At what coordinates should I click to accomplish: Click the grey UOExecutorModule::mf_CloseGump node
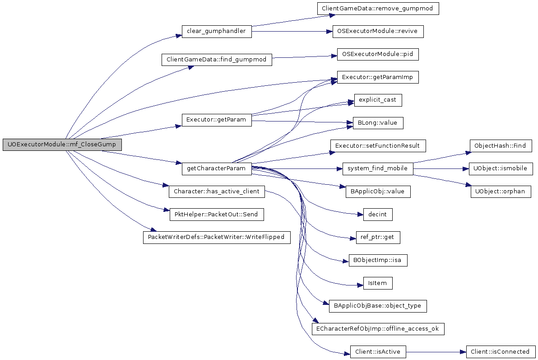click(x=62, y=145)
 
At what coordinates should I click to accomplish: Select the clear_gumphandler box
click(x=217, y=31)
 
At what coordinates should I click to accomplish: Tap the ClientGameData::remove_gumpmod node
click(x=378, y=8)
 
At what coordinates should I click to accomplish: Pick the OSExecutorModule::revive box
click(x=378, y=31)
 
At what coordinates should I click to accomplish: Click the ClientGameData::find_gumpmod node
click(x=217, y=60)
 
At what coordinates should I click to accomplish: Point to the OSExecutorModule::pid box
click(x=378, y=54)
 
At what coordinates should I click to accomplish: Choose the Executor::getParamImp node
click(x=378, y=77)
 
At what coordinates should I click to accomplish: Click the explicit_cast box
click(x=378, y=100)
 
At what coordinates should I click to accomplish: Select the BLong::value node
click(x=378, y=123)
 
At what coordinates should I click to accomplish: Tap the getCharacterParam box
click(x=217, y=168)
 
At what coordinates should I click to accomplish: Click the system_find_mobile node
click(x=378, y=168)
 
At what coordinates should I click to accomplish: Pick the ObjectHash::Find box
click(x=500, y=145)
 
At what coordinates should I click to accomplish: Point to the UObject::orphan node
click(x=500, y=192)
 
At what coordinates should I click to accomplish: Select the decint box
click(x=378, y=215)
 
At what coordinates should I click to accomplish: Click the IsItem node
click(x=378, y=283)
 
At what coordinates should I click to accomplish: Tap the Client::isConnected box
click(x=500, y=352)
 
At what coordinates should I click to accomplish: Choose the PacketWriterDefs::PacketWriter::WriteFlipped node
click(x=217, y=238)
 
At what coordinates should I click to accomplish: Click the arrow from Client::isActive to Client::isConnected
click(x=436, y=352)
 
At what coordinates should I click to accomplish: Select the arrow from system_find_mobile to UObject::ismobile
click(x=441, y=169)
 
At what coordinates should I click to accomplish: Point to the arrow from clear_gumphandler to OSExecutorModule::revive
click(x=292, y=32)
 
